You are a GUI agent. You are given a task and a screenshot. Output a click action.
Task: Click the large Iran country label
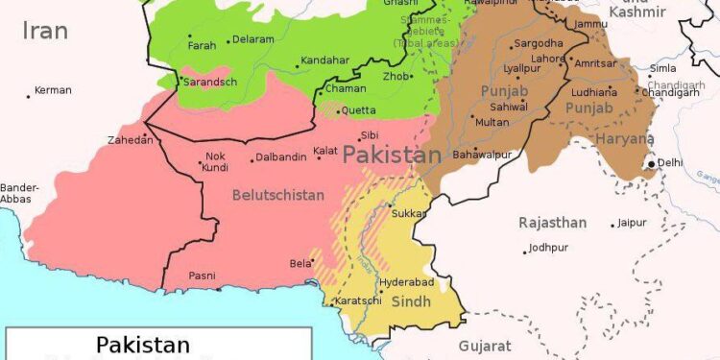click(x=45, y=31)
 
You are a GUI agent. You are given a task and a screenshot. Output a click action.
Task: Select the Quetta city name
click(x=359, y=110)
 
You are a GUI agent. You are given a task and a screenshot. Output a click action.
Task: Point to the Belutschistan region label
click(x=277, y=195)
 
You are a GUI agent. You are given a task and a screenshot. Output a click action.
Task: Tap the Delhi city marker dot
click(x=652, y=163)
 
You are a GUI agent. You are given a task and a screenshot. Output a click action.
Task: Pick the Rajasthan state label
click(x=552, y=223)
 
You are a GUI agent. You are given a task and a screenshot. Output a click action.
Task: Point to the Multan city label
click(x=492, y=122)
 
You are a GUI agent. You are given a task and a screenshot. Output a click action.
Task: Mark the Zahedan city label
click(x=130, y=140)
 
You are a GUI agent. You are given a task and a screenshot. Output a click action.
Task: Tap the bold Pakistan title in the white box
click(x=142, y=345)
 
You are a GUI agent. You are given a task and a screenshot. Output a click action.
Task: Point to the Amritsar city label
click(x=595, y=63)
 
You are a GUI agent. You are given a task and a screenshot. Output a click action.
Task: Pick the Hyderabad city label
click(x=407, y=282)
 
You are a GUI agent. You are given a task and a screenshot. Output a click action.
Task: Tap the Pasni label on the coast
click(x=202, y=276)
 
